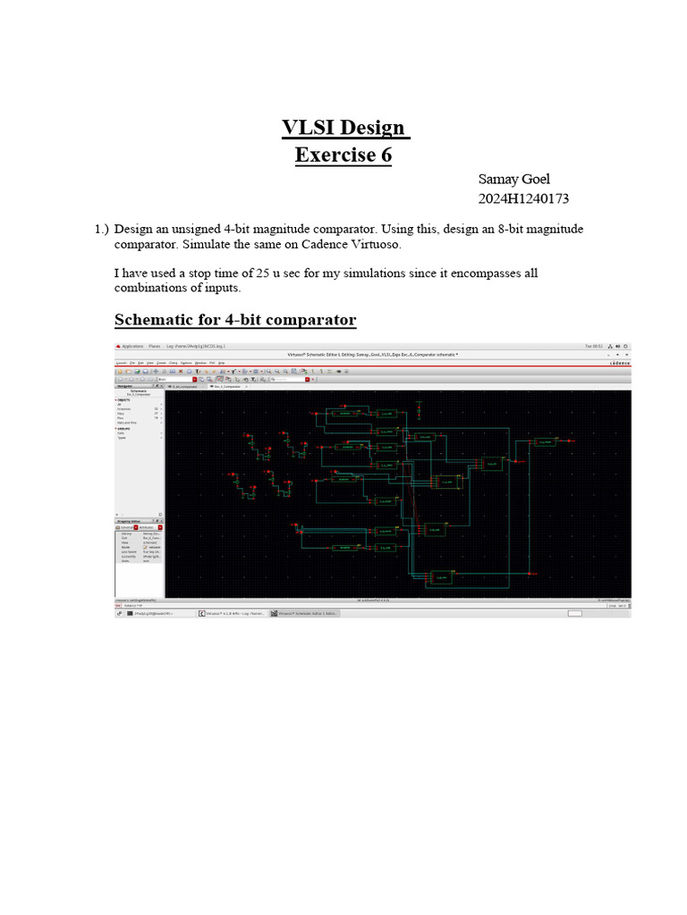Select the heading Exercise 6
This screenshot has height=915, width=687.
[343, 155]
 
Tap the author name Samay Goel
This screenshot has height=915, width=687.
[514, 180]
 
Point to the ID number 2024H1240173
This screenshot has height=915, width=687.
[525, 198]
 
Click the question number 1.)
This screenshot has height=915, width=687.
[101, 230]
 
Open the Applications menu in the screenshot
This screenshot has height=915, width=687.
[133, 345]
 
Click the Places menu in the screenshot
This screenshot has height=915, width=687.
[155, 345]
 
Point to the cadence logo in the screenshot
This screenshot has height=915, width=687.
[619, 363]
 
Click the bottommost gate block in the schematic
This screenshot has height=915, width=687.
[440, 578]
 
